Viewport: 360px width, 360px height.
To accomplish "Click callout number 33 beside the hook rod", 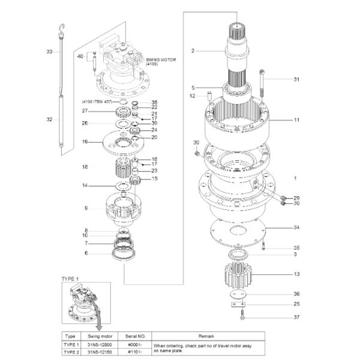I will pos(50,52).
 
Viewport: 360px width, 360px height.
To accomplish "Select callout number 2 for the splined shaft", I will pos(193,51).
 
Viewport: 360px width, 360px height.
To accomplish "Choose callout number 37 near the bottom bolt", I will pos(296,317).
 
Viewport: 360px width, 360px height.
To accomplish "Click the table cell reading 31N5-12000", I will pos(100,345).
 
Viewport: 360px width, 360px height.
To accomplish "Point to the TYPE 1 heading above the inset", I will pos(71,279).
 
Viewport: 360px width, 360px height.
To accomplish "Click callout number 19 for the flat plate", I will pos(85,142).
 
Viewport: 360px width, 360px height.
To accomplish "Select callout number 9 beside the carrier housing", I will pos(86,208).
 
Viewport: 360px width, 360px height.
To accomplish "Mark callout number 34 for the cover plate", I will pos(296,227).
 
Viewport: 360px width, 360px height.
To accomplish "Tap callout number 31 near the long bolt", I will pos(296,79).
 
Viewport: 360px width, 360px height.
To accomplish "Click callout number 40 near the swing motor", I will pos(80,56).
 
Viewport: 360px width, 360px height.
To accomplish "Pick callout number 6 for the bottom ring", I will pos(86,253).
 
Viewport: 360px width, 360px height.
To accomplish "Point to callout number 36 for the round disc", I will pos(296,293).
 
